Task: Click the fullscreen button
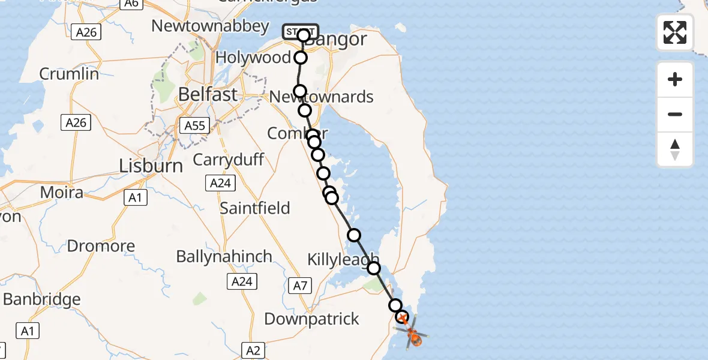click(675, 32)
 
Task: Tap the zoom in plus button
click(675, 79)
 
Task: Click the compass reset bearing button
click(675, 149)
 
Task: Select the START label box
click(301, 31)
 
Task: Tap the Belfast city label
click(208, 94)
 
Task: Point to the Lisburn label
click(151, 166)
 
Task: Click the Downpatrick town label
click(311, 319)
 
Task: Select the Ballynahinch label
click(224, 256)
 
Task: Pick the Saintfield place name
click(254, 208)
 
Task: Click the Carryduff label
click(228, 160)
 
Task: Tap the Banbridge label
click(42, 299)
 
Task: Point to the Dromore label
click(101, 246)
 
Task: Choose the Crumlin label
click(69, 74)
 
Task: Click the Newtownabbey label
click(210, 26)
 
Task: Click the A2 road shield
click(253, 350)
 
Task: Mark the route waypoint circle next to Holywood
click(301, 58)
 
